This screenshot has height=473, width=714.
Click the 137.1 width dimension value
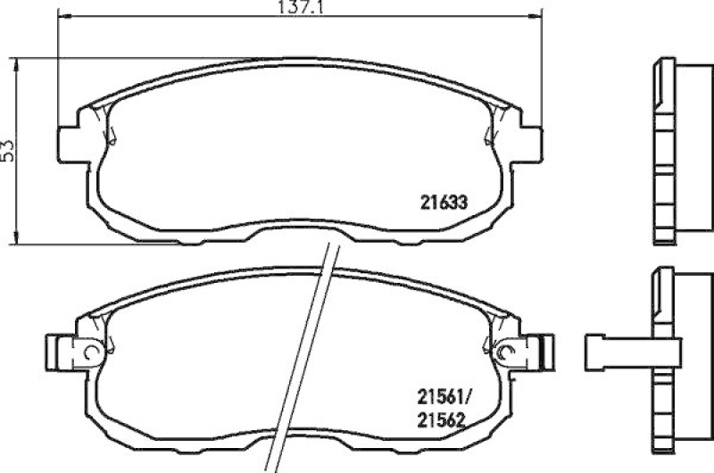[x=298, y=7]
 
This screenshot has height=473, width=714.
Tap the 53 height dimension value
[x=9, y=151]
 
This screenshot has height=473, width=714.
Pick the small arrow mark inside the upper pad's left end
[x=112, y=134]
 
